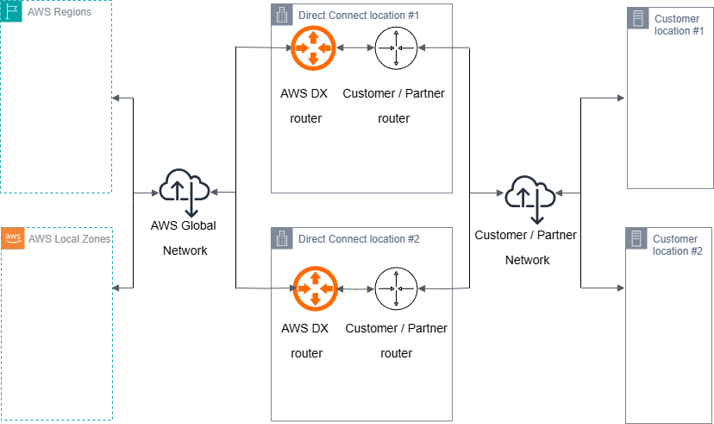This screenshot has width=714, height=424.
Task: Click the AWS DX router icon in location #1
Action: tap(311, 48)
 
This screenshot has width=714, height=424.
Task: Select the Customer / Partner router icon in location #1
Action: tap(396, 48)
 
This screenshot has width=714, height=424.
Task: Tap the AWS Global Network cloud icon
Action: tap(185, 192)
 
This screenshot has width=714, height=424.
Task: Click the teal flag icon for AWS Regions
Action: tap(12, 12)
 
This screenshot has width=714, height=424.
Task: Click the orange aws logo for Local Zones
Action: tap(12, 238)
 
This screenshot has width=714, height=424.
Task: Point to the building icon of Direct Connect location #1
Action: tap(282, 15)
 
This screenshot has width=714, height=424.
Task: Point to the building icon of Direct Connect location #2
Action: tap(282, 238)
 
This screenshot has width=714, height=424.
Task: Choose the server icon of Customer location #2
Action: tap(637, 239)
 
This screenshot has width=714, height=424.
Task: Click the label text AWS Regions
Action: tap(60, 13)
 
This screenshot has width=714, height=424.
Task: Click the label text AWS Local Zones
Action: tap(69, 239)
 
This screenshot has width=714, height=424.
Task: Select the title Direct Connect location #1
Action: tap(360, 16)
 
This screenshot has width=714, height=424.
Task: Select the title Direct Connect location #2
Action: tap(359, 239)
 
